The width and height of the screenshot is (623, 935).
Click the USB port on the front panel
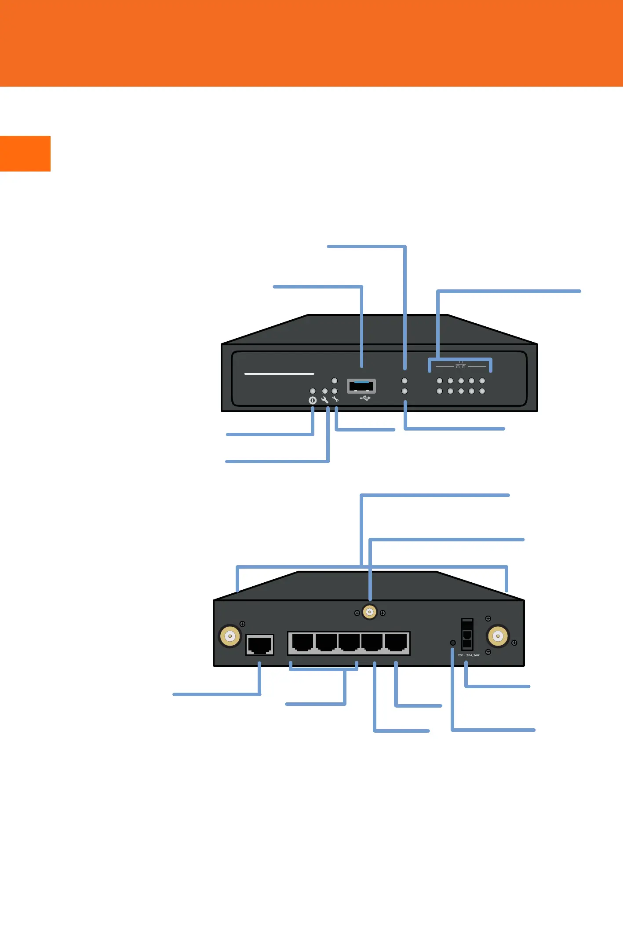click(x=361, y=386)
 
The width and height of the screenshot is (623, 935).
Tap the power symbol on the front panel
click(x=313, y=400)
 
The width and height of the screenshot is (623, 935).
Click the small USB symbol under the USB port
click(x=365, y=398)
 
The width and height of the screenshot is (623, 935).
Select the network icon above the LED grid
click(x=460, y=365)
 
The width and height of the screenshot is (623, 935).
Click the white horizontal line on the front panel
click(x=279, y=374)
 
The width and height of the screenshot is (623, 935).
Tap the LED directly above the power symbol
click(x=313, y=391)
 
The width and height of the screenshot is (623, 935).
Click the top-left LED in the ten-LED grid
click(x=439, y=381)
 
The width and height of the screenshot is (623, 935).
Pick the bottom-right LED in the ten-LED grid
click(x=482, y=391)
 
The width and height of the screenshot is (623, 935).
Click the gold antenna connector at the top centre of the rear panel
click(x=370, y=612)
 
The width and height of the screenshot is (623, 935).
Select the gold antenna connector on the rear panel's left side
click(x=230, y=636)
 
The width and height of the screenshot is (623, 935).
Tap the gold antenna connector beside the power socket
click(x=498, y=636)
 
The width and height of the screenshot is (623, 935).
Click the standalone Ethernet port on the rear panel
click(x=260, y=645)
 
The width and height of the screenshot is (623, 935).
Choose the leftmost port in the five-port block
click(x=302, y=643)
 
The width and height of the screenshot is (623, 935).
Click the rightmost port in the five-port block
click(x=396, y=643)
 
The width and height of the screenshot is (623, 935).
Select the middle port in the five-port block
click(x=349, y=643)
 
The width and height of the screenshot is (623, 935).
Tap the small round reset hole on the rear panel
click(x=453, y=643)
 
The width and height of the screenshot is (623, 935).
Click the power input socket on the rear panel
click(x=467, y=635)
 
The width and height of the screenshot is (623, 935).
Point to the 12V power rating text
click(x=469, y=655)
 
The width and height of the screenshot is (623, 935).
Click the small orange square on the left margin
click(x=25, y=153)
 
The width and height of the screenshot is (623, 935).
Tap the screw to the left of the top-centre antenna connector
click(x=357, y=613)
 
